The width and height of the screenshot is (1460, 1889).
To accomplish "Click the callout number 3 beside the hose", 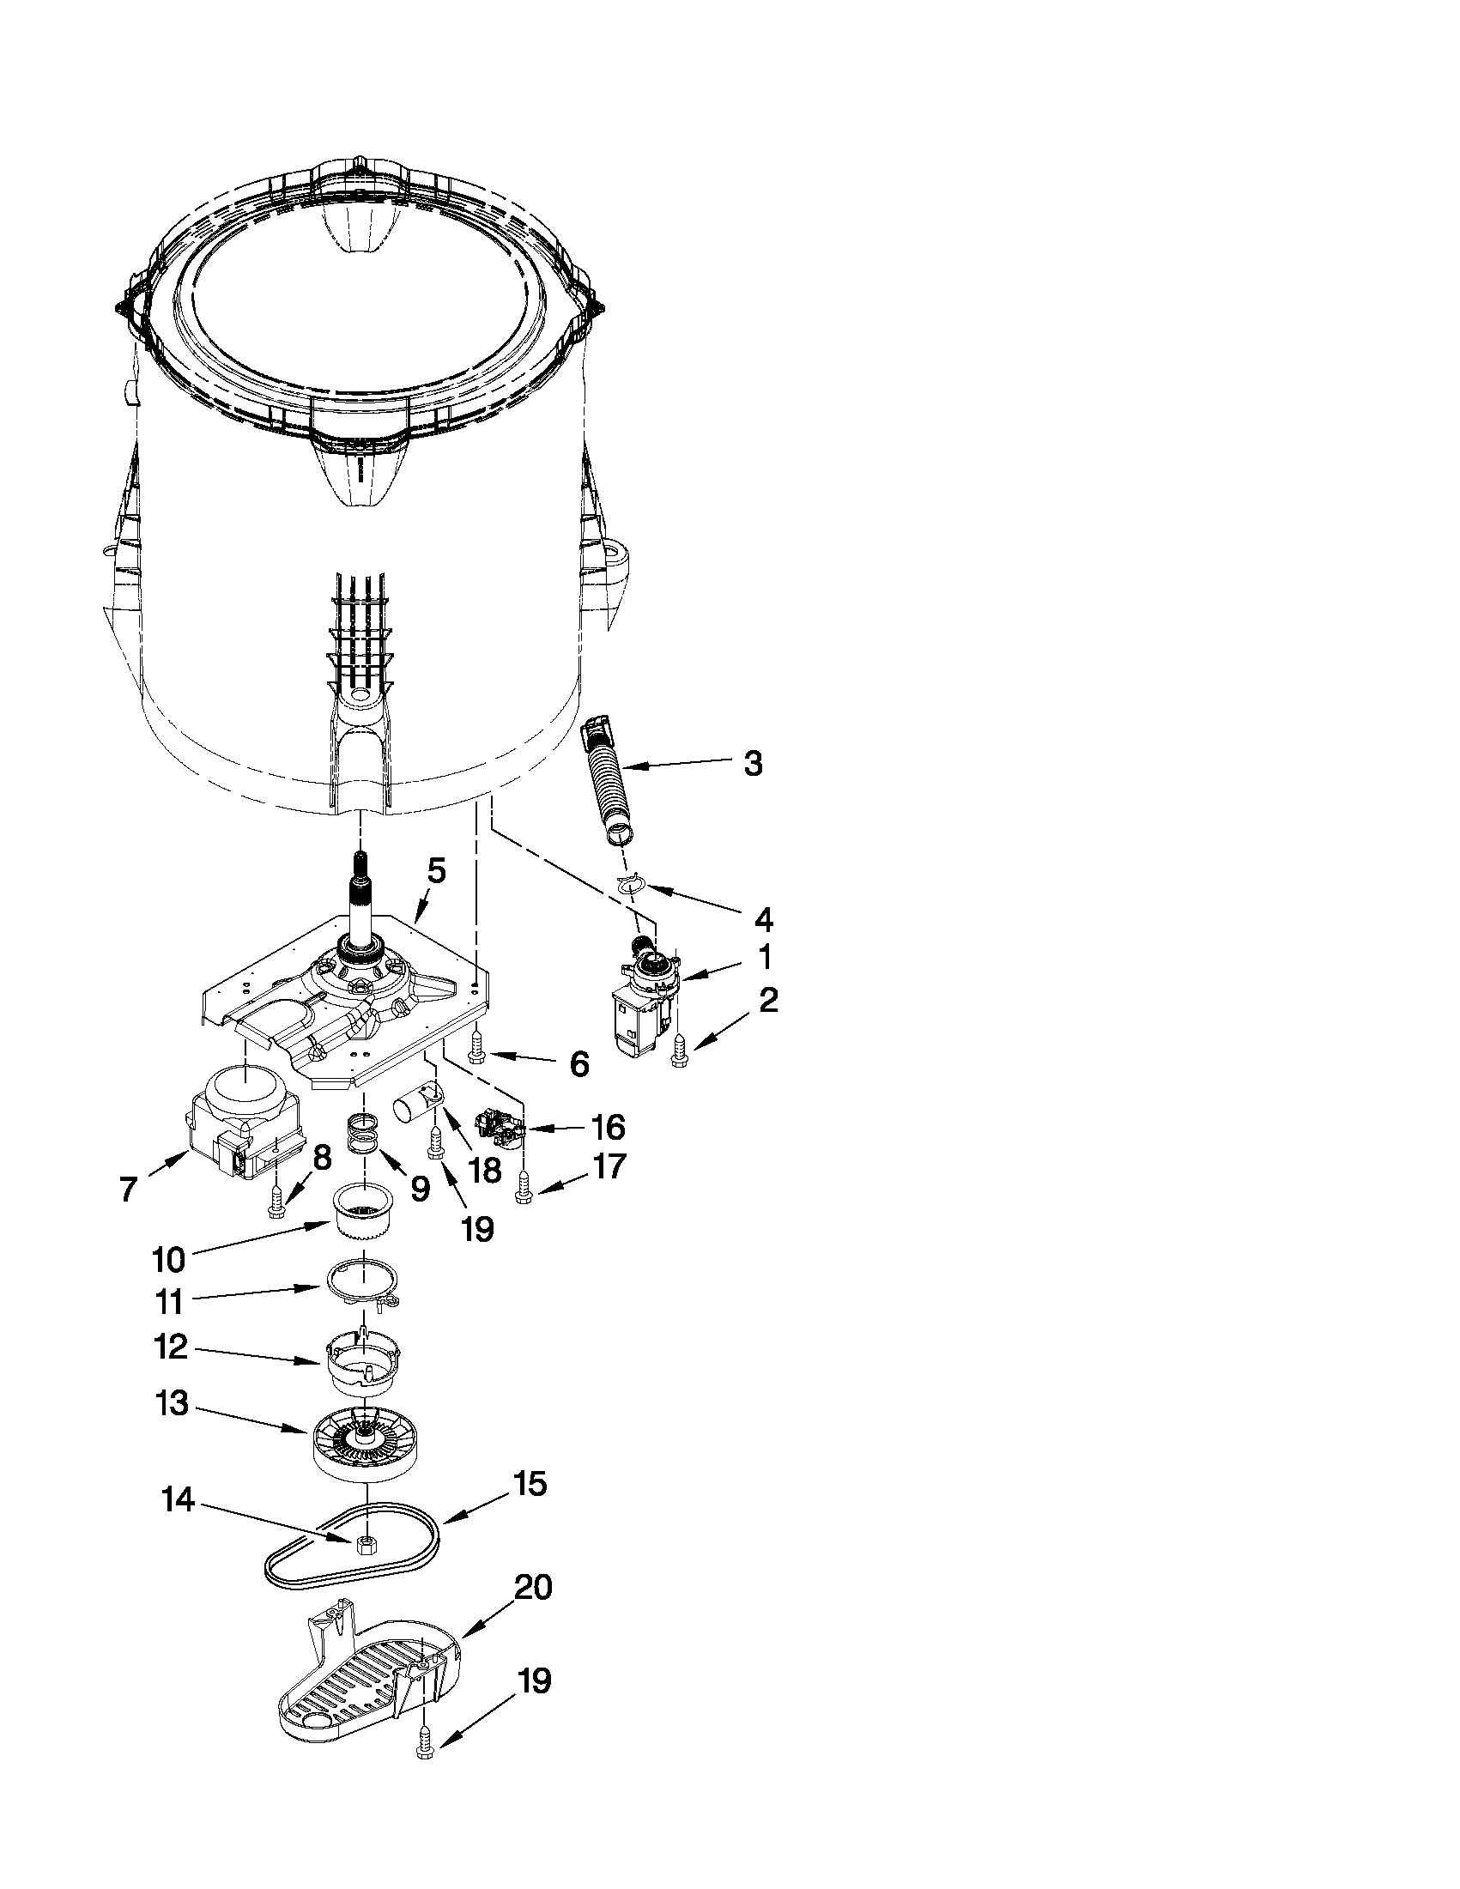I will click(x=753, y=764).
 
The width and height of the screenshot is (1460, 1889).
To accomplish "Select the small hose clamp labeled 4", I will click(x=633, y=883).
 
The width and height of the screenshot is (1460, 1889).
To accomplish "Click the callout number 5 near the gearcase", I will click(x=437, y=871).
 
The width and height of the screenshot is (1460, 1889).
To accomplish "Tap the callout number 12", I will click(x=172, y=1347).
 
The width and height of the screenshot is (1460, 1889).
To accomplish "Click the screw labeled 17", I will click(x=523, y=1188).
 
